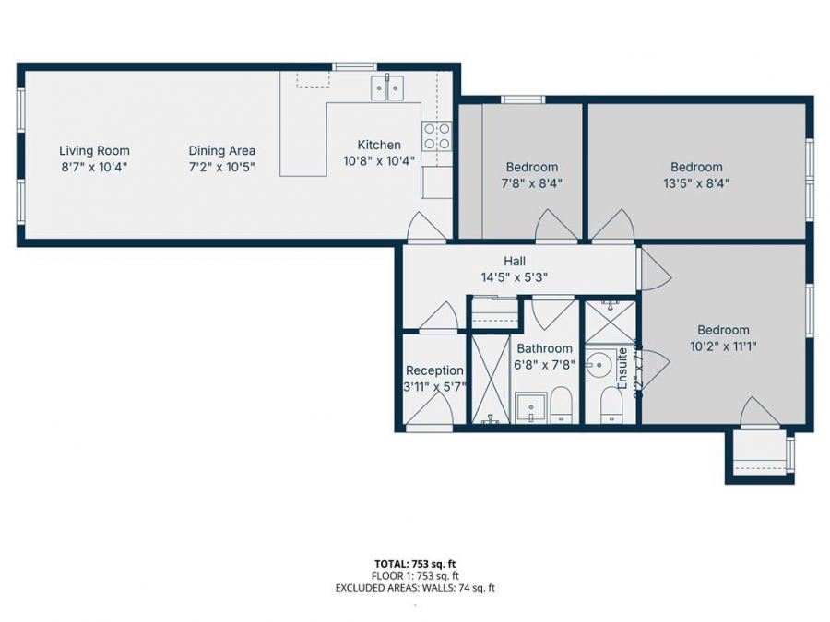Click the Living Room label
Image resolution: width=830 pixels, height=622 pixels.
tap(94, 150)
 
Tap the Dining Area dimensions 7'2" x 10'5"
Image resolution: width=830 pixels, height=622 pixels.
tap(221, 167)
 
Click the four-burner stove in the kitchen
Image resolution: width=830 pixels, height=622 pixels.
tap(436, 136)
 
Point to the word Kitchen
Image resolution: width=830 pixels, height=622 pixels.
tap(379, 145)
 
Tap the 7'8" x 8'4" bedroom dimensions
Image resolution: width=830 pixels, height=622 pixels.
tap(531, 182)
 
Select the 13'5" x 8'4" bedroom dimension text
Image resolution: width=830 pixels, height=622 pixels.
tap(696, 182)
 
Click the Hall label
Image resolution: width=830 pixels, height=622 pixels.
tap(515, 261)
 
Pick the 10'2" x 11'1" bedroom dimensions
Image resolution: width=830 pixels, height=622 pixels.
tap(723, 346)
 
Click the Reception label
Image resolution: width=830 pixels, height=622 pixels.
tap(434, 370)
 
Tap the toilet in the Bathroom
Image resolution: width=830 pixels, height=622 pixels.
tap(561, 405)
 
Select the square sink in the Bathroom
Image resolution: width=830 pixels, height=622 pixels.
tap(530, 407)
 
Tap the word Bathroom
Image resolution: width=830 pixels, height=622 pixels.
tap(544, 348)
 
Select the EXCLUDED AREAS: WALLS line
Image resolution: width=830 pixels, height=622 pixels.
tap(414, 587)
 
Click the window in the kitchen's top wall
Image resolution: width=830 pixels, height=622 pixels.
tap(353, 65)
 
